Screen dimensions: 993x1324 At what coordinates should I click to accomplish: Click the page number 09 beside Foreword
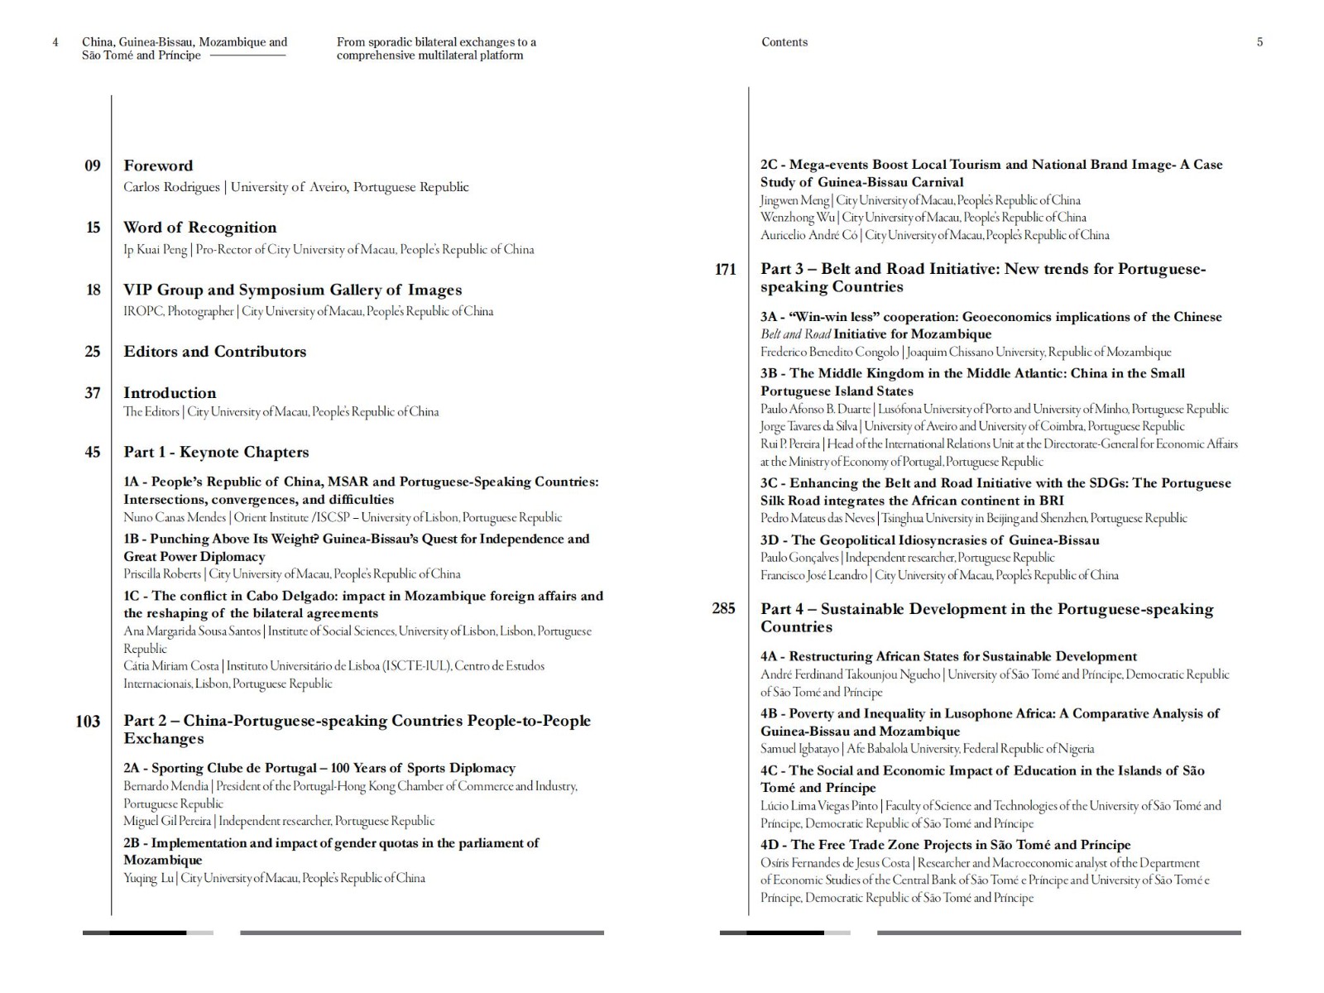93,165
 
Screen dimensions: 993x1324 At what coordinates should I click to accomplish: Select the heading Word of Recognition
200,228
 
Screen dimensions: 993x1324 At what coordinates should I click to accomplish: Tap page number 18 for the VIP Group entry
93,290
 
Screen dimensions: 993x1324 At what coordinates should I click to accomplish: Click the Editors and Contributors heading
215,352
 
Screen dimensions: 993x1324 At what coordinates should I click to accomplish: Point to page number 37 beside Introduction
93,393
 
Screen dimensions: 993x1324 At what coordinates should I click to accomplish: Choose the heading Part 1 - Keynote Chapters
216,452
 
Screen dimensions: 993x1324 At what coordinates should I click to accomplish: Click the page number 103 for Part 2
88,722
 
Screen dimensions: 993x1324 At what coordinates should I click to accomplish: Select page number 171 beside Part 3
725,270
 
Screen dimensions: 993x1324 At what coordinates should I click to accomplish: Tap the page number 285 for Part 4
723,609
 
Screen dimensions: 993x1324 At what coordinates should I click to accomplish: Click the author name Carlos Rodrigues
171,187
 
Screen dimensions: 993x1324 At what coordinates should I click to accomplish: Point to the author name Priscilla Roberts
162,574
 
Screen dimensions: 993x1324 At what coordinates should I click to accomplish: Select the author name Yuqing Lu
148,878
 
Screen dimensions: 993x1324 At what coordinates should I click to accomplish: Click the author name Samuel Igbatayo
800,749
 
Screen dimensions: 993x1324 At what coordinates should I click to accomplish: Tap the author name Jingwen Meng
795,200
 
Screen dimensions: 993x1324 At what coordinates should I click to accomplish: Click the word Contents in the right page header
784,42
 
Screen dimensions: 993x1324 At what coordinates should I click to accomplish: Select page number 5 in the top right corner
1259,42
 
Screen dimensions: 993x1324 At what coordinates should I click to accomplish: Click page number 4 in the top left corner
55,42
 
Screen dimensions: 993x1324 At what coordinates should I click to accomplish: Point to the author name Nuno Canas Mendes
175,518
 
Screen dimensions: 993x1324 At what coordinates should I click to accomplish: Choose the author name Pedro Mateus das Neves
818,519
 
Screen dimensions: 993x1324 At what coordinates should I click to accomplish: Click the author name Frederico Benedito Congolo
829,353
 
